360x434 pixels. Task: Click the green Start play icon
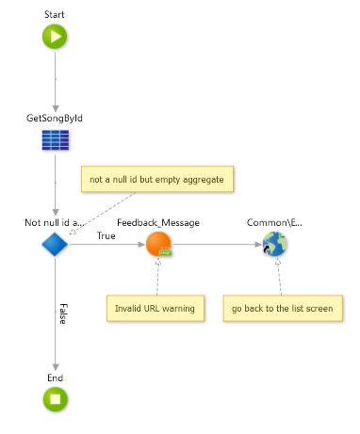click(x=55, y=37)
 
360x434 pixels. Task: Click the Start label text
click(x=55, y=15)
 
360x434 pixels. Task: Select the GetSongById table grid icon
click(x=55, y=140)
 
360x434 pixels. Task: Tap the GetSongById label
click(x=55, y=119)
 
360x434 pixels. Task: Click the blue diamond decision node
click(x=55, y=245)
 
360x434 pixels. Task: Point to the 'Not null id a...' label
click(x=55, y=223)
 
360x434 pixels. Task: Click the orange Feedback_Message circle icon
click(x=158, y=245)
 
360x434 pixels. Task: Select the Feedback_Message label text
click(x=158, y=223)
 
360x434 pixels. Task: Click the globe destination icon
click(x=275, y=245)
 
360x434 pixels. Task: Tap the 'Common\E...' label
click(x=275, y=223)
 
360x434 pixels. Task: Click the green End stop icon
click(x=55, y=399)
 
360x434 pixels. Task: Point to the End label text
click(x=55, y=377)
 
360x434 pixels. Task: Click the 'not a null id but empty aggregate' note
click(x=158, y=179)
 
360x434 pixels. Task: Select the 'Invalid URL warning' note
click(x=155, y=308)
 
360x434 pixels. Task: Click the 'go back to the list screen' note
click(x=281, y=308)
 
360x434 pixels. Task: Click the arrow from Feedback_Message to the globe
click(x=217, y=245)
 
